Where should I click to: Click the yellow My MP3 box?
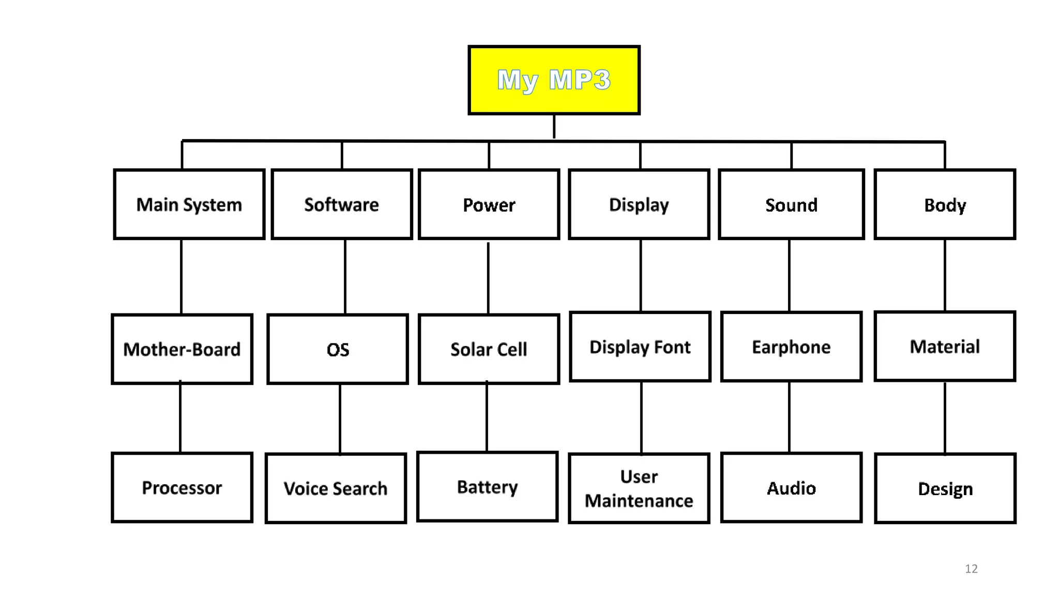[554, 80]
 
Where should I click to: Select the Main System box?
[189, 204]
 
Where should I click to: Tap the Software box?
[342, 204]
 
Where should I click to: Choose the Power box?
[489, 204]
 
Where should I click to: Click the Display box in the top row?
[639, 204]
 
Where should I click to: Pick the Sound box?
[791, 204]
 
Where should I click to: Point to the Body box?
[945, 204]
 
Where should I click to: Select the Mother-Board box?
[182, 349]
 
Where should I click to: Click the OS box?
[338, 349]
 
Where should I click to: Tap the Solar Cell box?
[489, 349]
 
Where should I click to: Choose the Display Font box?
[640, 347]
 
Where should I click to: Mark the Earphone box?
[791, 347]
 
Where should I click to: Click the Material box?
[945, 346]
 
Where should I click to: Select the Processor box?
[182, 487]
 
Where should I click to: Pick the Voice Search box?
[336, 488]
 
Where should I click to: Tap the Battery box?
[487, 486]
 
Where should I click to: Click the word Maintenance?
[639, 501]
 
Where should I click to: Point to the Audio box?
[791, 488]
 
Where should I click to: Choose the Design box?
[945, 488]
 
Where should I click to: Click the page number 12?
[971, 569]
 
